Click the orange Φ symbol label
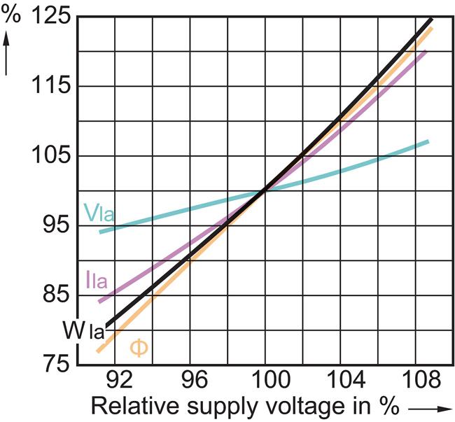click(139, 348)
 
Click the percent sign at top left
click(11, 15)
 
